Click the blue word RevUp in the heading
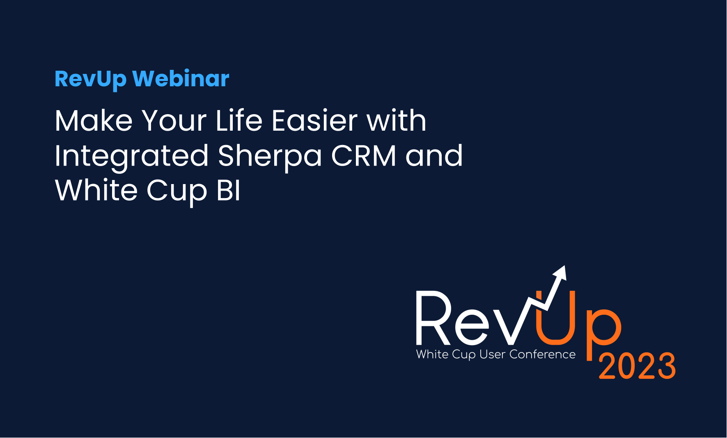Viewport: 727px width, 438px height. tap(91, 79)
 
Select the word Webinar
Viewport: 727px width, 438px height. tap(181, 78)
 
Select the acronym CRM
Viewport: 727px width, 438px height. tap(364, 156)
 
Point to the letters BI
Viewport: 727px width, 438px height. tap(228, 191)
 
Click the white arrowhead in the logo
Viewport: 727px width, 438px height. tap(560, 273)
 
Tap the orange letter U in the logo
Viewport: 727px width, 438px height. tap(555, 317)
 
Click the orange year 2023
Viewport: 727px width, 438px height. tap(637, 366)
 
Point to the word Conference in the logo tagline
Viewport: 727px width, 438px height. tap(542, 354)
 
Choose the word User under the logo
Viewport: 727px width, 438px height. tap(492, 354)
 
